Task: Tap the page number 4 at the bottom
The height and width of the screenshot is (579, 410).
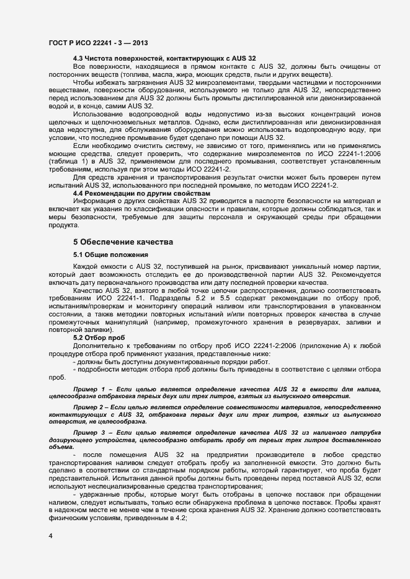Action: [50, 534]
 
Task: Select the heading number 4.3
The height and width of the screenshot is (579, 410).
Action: [79, 58]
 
